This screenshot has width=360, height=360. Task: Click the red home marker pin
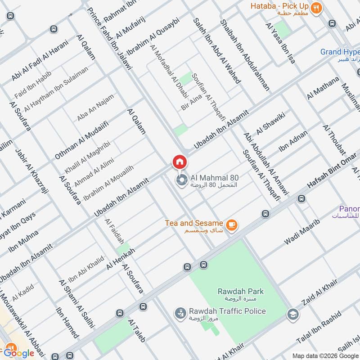point(179,162)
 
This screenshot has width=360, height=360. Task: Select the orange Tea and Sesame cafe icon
point(232,225)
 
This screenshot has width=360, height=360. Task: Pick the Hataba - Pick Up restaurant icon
point(317,8)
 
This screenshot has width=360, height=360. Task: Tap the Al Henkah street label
point(121,259)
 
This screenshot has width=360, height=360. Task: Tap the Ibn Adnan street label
point(293,141)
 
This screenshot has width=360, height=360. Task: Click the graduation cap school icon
point(292,315)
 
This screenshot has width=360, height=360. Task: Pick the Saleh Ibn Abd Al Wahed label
point(217,50)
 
